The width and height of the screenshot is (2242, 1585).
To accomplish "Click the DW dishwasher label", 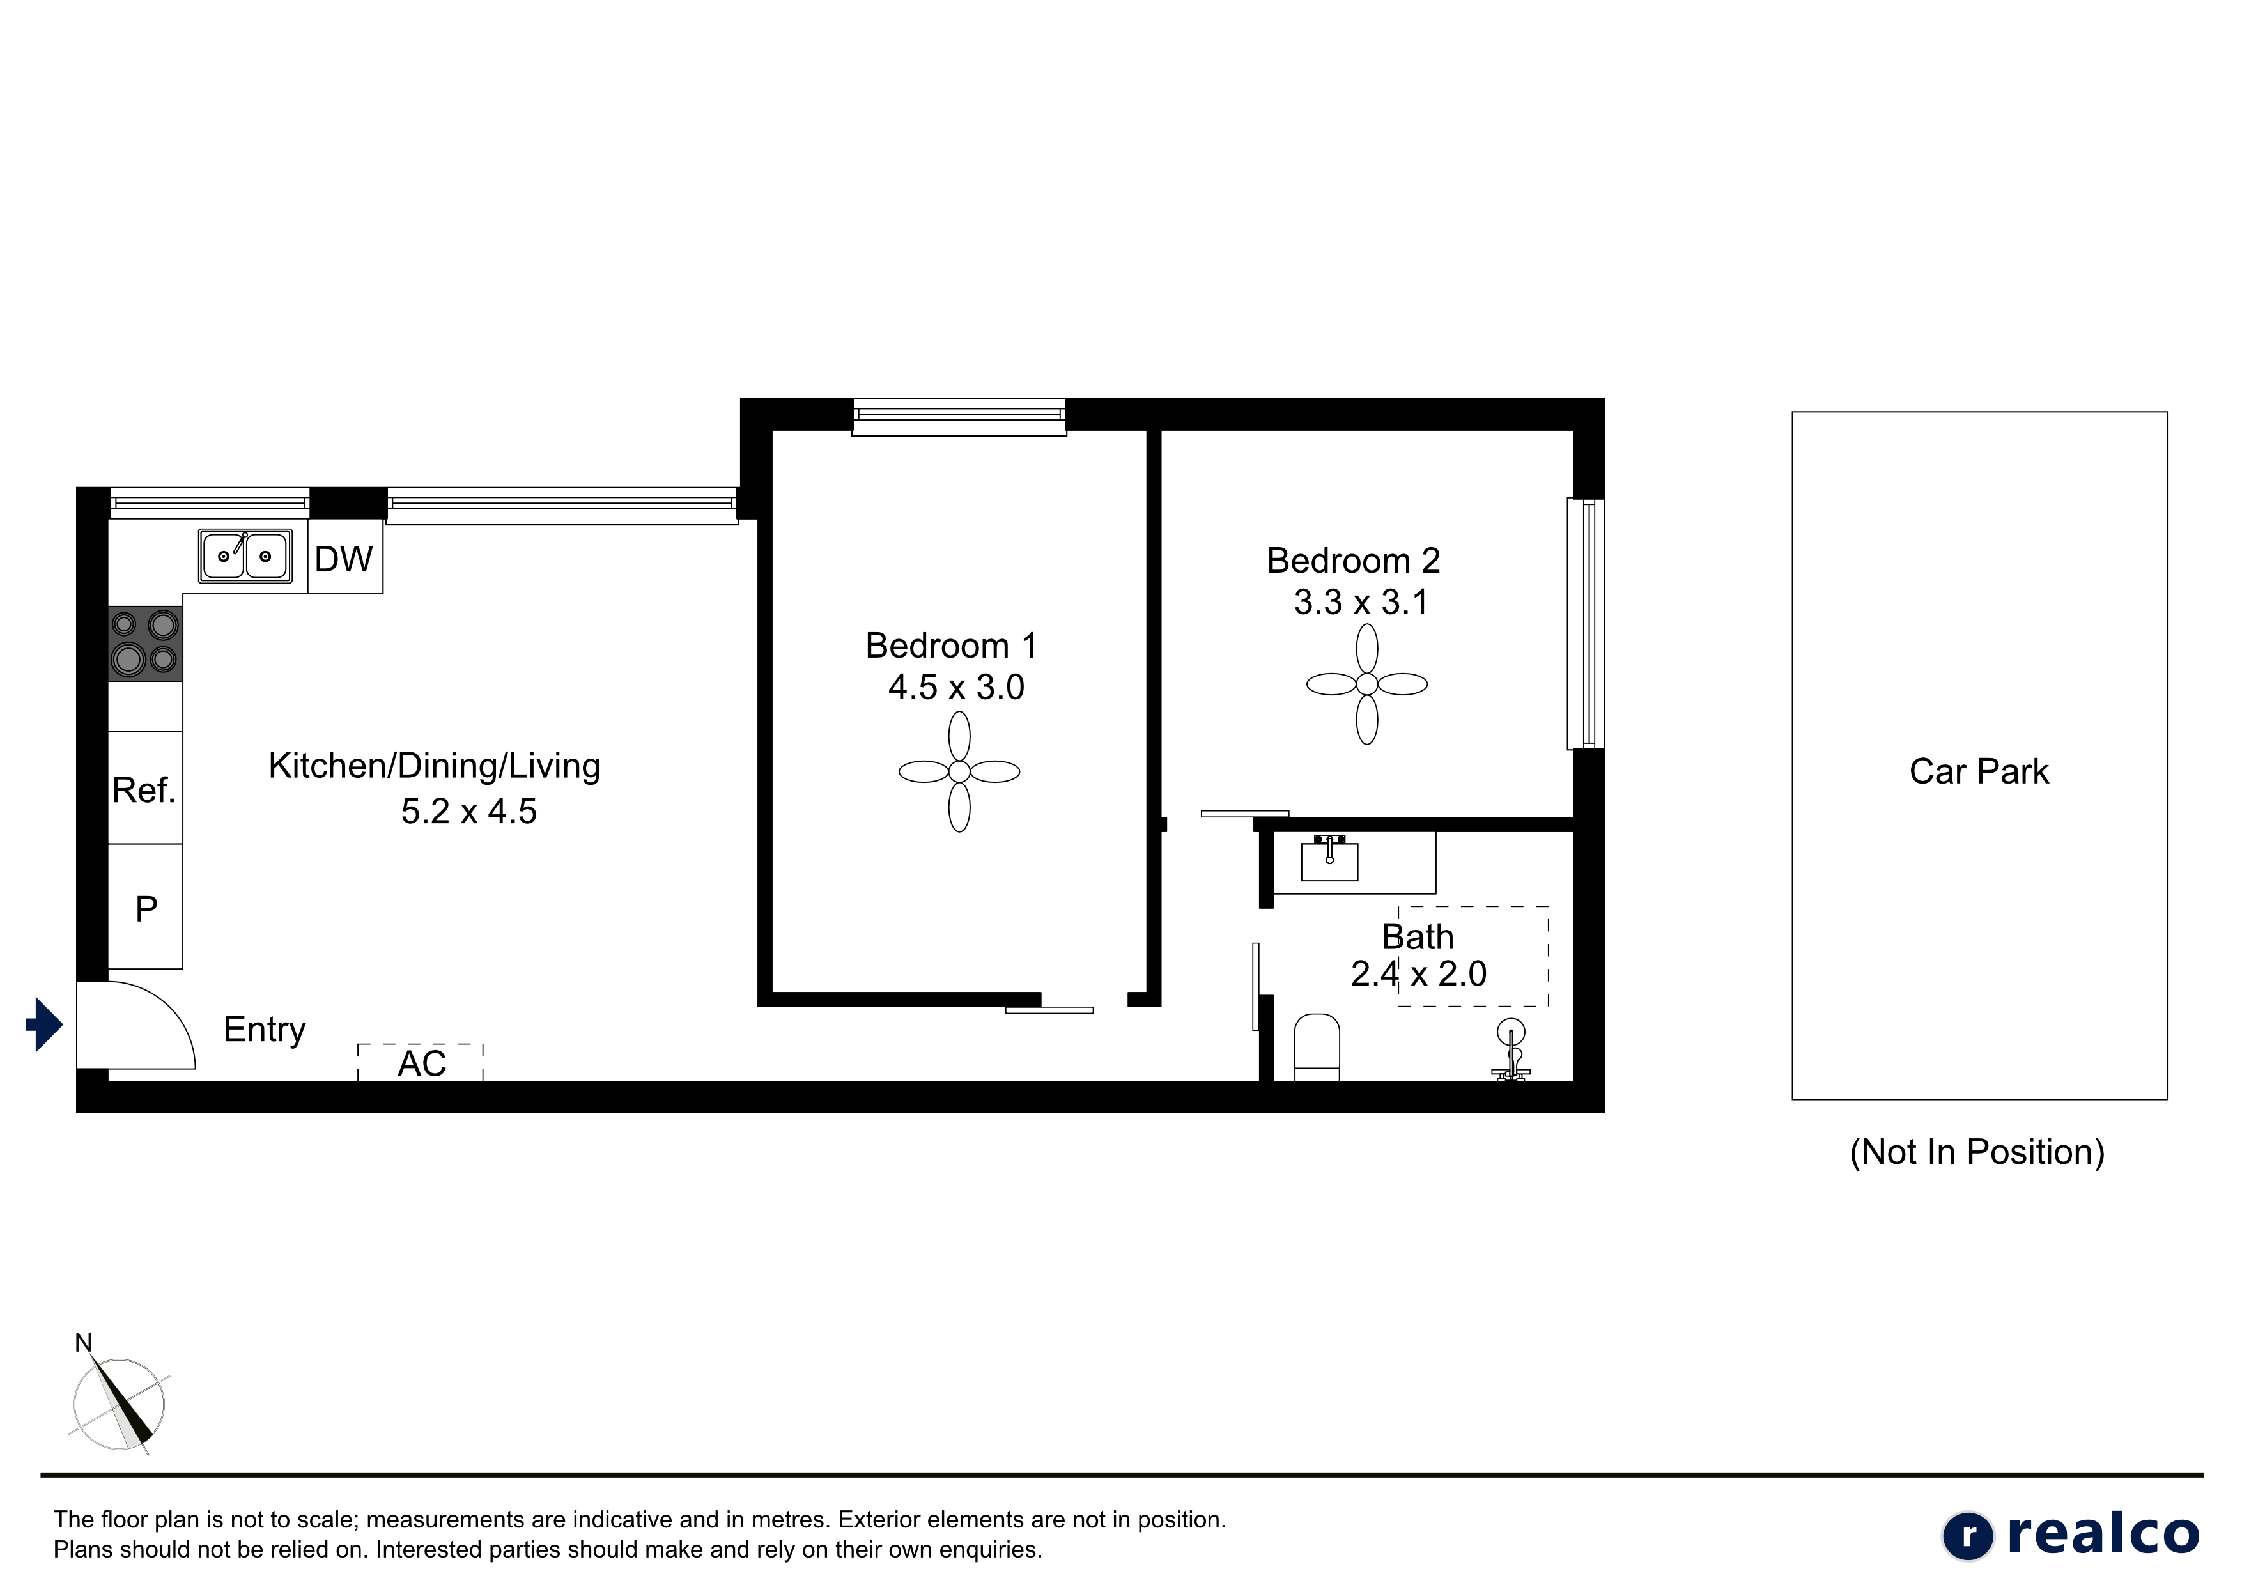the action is tap(344, 559).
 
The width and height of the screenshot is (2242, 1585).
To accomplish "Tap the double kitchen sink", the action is tap(245, 555).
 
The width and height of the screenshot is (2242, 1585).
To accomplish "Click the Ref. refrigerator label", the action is tap(144, 790).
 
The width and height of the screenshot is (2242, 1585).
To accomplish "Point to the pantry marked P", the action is tap(146, 908).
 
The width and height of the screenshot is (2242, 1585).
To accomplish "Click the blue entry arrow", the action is tap(45, 1024).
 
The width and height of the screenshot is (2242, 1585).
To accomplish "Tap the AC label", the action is tap(422, 1063).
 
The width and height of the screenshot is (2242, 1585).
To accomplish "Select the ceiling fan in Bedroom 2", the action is tap(1367, 684).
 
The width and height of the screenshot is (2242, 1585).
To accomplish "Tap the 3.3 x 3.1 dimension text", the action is tap(1361, 603).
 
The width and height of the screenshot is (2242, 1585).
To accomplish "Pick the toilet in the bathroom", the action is tap(1317, 1047).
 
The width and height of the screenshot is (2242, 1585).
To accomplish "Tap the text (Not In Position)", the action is tap(1977, 1152).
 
